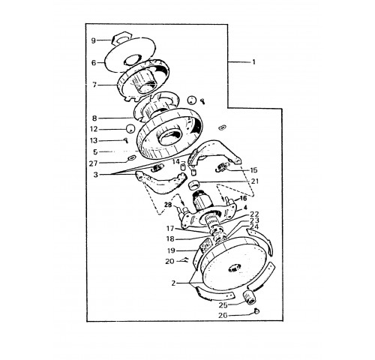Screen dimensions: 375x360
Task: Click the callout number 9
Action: point(93,40)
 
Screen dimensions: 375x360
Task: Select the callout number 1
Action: point(253,62)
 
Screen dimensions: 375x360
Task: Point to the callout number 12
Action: point(94,129)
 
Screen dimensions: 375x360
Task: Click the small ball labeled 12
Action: point(130,129)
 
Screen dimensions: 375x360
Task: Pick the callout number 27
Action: point(94,163)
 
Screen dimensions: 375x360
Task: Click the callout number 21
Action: point(255,181)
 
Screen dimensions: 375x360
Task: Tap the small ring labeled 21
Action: point(194,185)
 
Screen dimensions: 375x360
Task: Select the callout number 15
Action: point(253,170)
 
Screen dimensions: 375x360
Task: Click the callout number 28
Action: point(169,205)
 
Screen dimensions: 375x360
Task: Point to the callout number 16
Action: point(243,199)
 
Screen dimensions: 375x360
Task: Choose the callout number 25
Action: point(223,305)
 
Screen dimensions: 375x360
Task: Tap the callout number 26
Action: point(223,316)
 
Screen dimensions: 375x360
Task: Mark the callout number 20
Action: point(169,261)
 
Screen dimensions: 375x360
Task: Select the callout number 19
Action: point(171,250)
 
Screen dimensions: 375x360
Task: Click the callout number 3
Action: point(96,175)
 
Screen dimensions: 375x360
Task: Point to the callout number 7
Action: point(94,85)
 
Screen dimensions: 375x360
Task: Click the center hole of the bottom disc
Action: point(234,268)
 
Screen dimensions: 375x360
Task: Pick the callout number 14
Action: point(176,161)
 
